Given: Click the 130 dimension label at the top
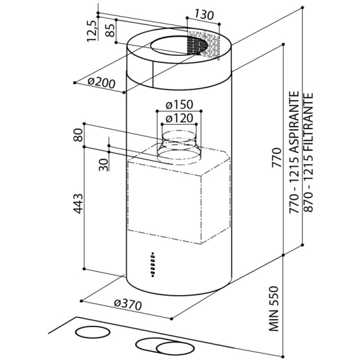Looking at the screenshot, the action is (204, 15).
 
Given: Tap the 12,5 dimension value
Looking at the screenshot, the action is (92, 31).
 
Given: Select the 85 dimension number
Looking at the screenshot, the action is (110, 31).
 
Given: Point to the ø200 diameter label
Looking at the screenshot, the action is (101, 83).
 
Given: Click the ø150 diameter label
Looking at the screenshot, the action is (179, 105).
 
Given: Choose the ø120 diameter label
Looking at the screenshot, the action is (179, 118).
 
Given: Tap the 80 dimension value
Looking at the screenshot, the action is (78, 135).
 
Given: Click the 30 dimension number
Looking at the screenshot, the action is (104, 165).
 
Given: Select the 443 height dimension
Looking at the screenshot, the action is (78, 204).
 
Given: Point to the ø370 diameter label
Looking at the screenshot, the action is (128, 304).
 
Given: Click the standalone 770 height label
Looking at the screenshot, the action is (277, 158).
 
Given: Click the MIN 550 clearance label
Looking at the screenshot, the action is (274, 308).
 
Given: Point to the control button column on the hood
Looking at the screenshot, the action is (153, 265).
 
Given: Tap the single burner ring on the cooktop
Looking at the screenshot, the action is (93, 332).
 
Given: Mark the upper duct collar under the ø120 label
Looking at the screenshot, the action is (179, 138).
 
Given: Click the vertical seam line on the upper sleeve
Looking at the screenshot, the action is (152, 74).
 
